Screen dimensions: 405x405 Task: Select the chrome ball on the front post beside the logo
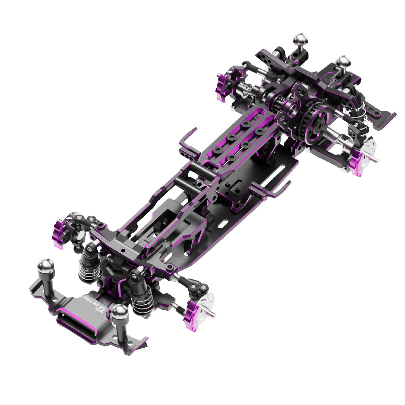(x=119, y=312)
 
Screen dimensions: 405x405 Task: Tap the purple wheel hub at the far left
(x=60, y=232)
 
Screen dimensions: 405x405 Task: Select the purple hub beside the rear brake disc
(x=357, y=163)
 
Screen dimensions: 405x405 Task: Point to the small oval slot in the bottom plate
(x=223, y=223)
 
